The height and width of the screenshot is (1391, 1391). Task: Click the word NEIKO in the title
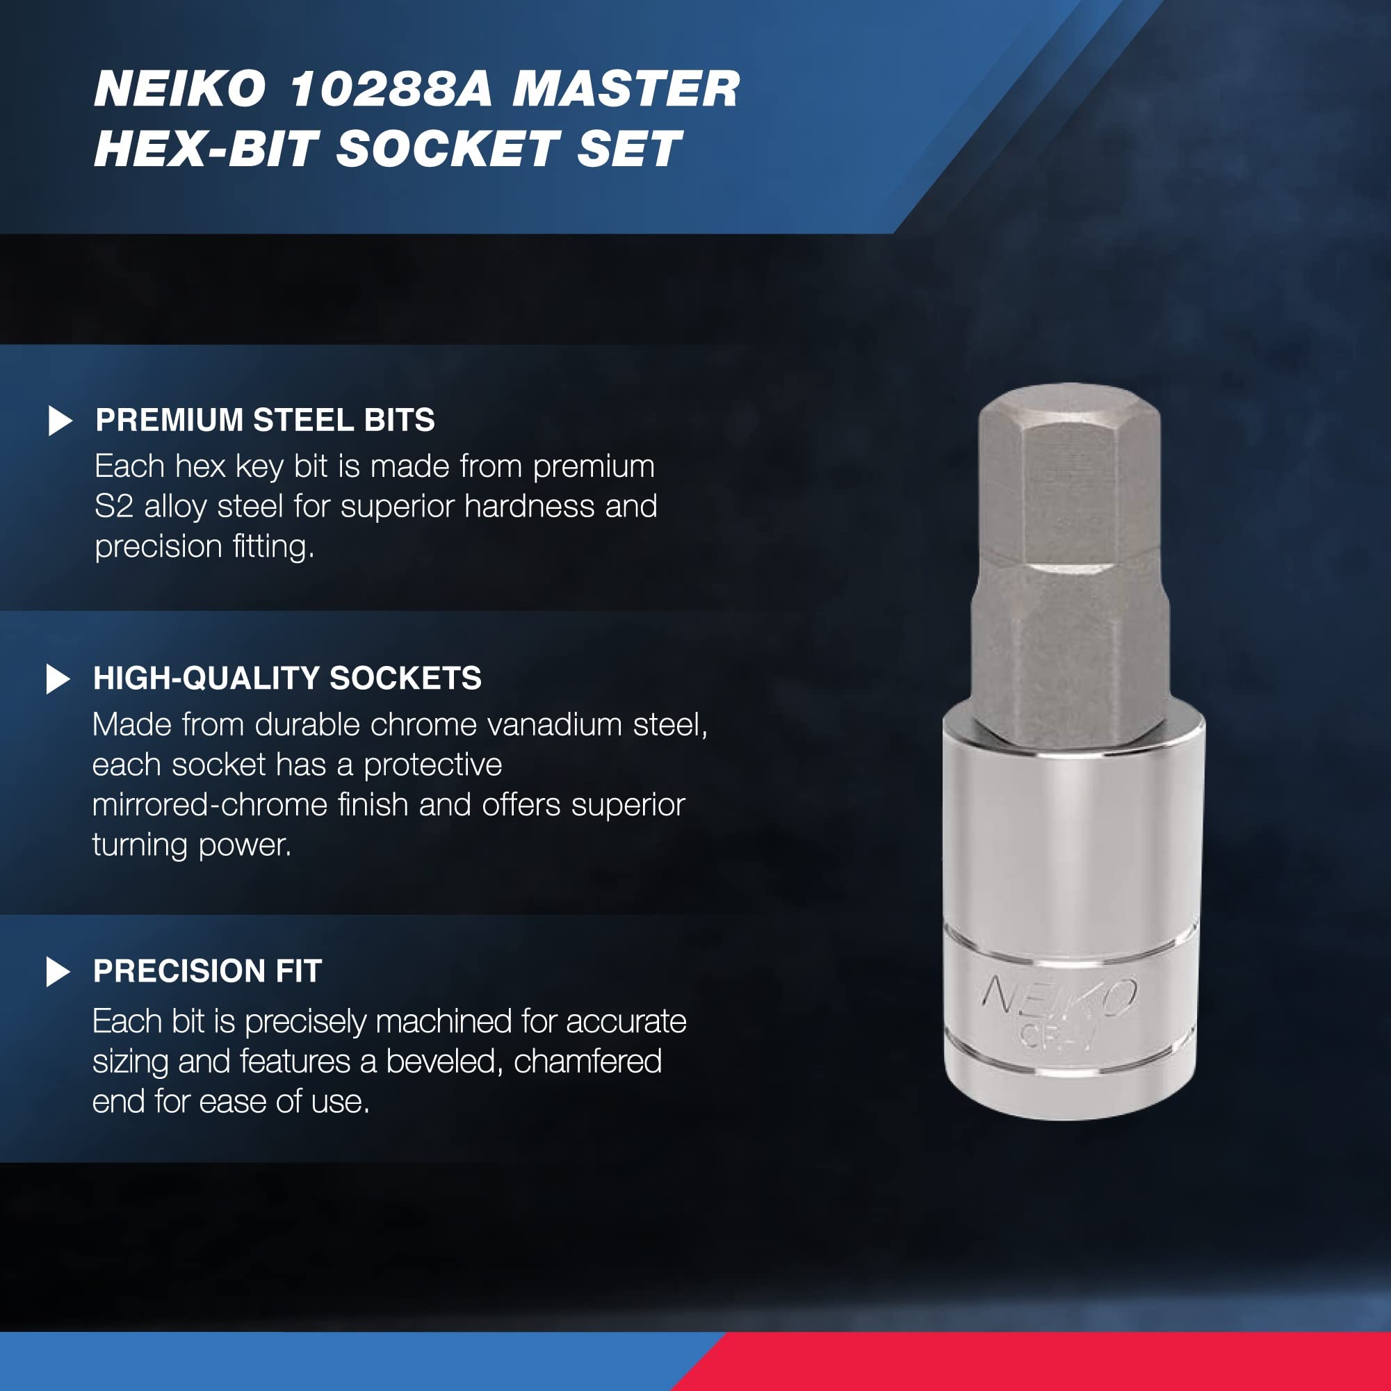pos(180,89)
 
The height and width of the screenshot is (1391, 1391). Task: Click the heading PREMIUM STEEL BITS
pos(265,421)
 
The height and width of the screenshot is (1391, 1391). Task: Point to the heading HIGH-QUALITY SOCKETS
pos(287,678)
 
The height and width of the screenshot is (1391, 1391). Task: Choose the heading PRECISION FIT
pos(207,971)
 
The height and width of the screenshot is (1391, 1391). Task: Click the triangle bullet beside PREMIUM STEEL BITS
pos(60,421)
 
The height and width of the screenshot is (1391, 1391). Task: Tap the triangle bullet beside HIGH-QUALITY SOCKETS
pos(58,679)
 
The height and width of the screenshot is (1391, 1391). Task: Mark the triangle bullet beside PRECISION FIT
pos(58,972)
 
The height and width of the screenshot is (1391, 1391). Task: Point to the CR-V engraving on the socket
pos(1056,1036)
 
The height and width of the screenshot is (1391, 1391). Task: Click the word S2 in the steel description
pos(114,506)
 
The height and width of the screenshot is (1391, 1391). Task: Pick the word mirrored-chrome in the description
pos(209,805)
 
